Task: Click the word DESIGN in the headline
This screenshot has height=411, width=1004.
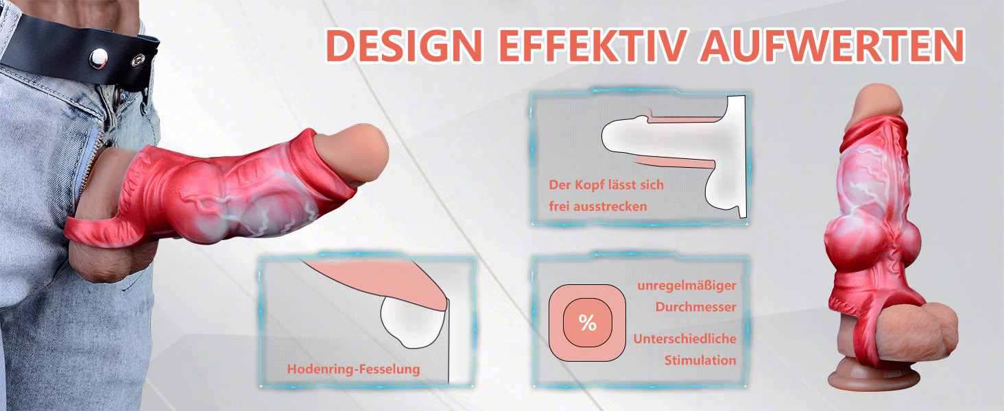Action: (x=405, y=45)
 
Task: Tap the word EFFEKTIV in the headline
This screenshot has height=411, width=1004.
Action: (x=593, y=45)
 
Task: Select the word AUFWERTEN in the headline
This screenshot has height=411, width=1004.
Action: (x=833, y=45)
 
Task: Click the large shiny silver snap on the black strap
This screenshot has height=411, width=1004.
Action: (x=99, y=58)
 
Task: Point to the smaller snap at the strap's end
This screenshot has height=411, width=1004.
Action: (x=139, y=60)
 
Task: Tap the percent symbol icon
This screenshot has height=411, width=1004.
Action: (x=587, y=323)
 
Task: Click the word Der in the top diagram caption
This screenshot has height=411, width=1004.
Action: (x=560, y=185)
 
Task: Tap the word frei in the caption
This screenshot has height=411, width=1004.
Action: (x=559, y=206)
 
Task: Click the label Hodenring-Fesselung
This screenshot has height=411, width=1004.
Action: (x=354, y=369)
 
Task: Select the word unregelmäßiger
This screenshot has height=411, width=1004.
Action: (x=686, y=286)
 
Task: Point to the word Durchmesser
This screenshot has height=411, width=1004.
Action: (x=695, y=307)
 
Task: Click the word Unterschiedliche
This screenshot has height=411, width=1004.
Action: (x=684, y=339)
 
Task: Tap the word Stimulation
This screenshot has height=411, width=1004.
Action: (x=700, y=360)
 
